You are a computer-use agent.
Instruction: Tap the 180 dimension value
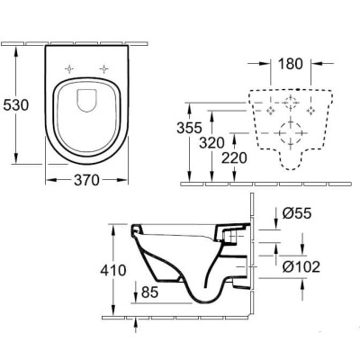(x=291, y=66)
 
